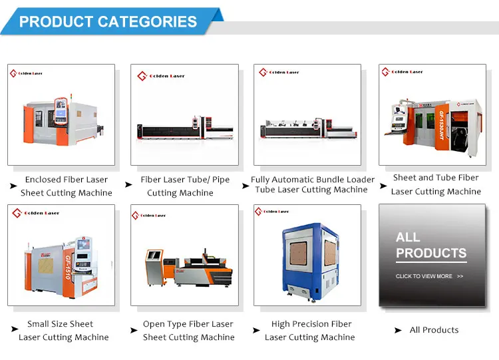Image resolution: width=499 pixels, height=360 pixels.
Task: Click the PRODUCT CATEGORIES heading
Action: click(108, 22)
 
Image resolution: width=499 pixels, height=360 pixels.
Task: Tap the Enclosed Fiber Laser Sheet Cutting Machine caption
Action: click(66, 186)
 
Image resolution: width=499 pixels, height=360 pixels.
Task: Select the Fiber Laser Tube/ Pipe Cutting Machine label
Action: click(185, 186)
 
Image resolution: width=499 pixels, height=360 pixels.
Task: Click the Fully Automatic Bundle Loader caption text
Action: click(313, 180)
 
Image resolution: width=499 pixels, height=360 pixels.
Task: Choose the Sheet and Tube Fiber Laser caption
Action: click(436, 184)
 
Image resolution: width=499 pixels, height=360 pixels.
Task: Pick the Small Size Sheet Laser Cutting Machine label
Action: click(64, 331)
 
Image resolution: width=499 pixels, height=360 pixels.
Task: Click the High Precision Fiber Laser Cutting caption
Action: click(310, 331)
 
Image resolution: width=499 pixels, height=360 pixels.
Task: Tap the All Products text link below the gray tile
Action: click(434, 330)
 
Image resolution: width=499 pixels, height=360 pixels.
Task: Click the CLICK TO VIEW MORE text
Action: click(424, 276)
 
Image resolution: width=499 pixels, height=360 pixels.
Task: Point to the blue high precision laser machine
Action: click(310, 262)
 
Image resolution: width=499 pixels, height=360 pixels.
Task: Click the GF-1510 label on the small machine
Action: click(67, 267)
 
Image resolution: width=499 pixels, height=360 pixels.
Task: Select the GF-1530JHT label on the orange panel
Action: click(441, 125)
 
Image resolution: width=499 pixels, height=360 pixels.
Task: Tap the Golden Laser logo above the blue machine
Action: click(271, 212)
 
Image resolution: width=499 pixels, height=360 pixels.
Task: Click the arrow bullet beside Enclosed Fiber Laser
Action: click(13, 186)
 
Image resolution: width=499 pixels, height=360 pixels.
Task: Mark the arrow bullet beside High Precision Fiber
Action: click(256, 331)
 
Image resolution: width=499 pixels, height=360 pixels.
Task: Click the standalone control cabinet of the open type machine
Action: click(154, 268)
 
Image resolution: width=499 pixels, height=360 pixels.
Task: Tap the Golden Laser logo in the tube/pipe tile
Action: click(161, 76)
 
